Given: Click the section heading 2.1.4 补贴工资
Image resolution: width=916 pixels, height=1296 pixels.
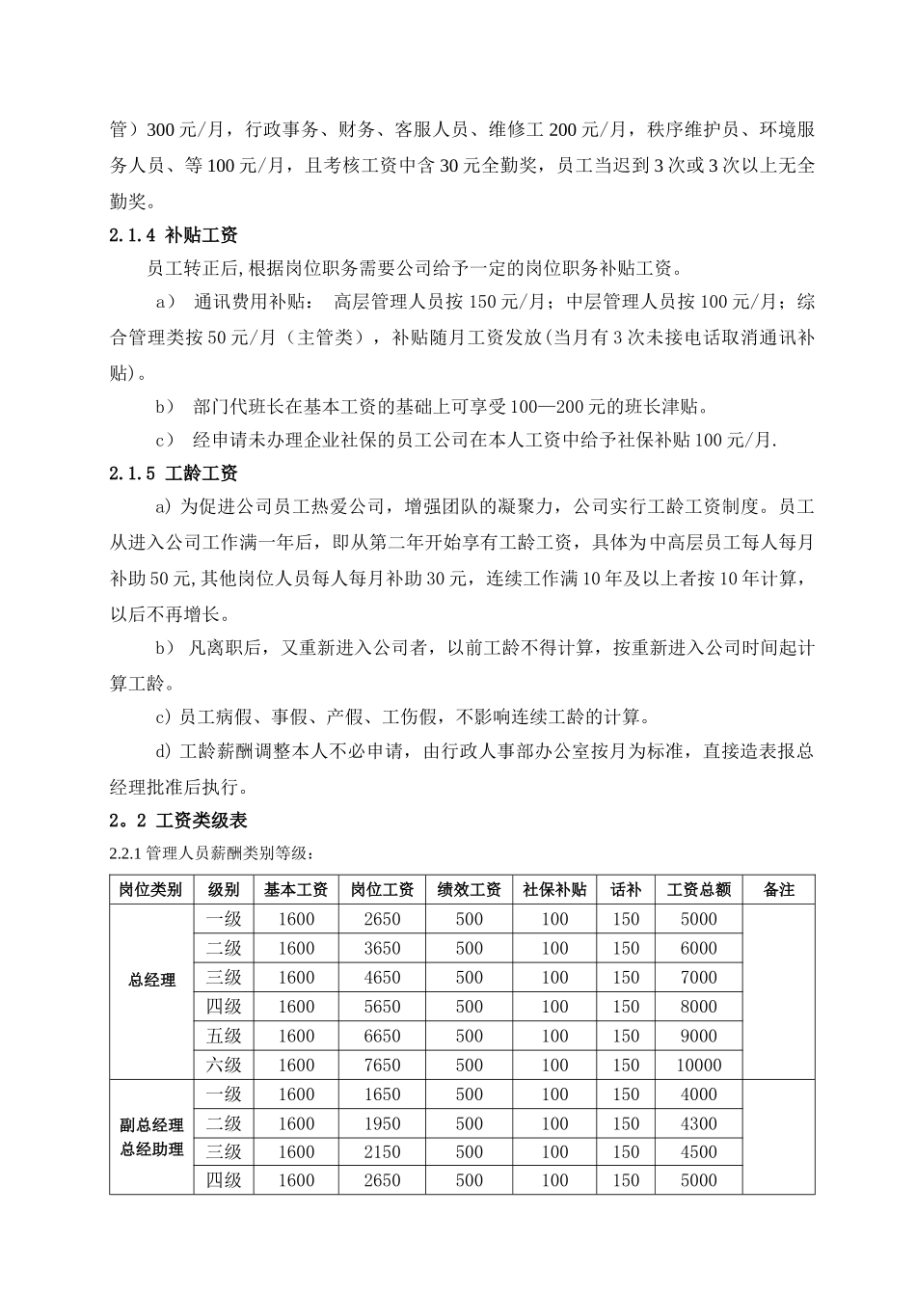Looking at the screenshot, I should (x=174, y=235).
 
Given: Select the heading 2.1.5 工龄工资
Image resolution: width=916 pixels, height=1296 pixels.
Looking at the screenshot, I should (x=174, y=473).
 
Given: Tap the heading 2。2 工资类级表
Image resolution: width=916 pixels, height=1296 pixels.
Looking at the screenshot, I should (x=178, y=821).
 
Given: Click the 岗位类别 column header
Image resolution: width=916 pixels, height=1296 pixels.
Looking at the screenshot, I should (x=150, y=890).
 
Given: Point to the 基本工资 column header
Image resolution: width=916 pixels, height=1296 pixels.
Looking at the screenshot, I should (x=296, y=890).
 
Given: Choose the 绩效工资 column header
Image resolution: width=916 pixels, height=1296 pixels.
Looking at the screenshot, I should (x=470, y=890).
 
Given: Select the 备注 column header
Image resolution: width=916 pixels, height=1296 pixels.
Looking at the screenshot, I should (x=779, y=890).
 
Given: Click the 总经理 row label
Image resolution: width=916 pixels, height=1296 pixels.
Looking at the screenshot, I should (x=151, y=980).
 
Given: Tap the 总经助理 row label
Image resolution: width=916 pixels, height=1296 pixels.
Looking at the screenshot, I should (x=151, y=1149).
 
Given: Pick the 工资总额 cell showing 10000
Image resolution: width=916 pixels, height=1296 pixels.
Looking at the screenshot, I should (x=699, y=1066).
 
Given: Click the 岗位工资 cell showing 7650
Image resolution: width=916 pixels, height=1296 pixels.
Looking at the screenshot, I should (x=382, y=1066).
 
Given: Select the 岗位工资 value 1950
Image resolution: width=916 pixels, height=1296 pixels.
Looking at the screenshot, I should (x=382, y=1123).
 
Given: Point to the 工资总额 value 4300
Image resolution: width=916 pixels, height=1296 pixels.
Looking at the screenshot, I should (x=699, y=1123).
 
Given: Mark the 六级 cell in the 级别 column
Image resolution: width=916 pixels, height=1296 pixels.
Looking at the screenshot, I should (x=224, y=1066).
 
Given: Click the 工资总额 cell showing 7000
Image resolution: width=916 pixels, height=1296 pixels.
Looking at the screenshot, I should (x=699, y=978).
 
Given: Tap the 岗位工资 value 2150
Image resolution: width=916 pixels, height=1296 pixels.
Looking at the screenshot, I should (x=382, y=1152).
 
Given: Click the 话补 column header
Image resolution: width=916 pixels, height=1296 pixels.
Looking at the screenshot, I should (x=626, y=890).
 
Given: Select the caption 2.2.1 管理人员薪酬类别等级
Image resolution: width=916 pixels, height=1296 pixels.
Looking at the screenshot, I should (x=211, y=853).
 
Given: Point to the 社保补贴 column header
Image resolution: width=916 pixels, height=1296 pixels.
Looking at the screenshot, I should (x=554, y=890).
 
